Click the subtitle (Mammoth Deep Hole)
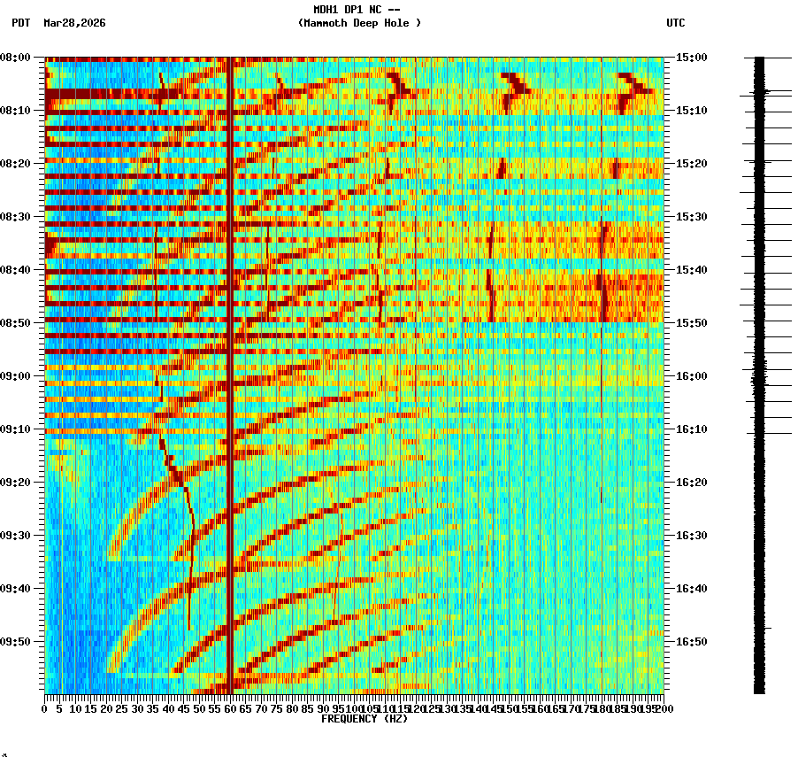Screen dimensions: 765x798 359,23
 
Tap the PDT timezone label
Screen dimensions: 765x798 20,23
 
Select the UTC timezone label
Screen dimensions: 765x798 675,23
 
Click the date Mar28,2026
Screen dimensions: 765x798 74,23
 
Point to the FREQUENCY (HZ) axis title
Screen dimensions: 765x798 364,719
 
